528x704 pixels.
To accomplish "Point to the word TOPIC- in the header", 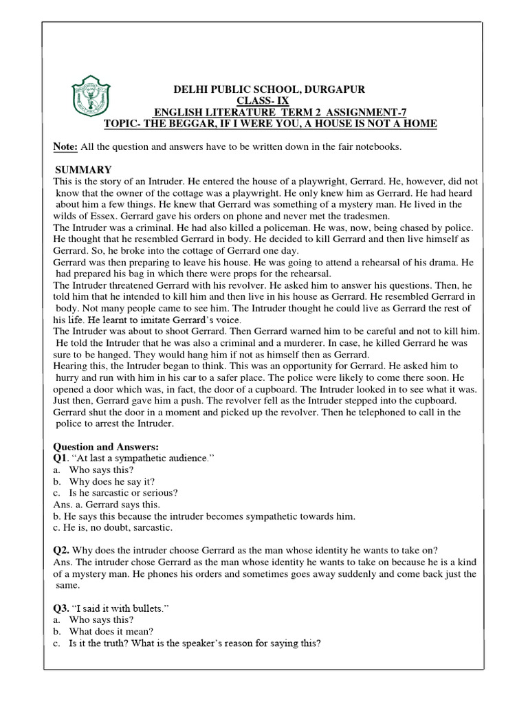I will tap(122, 123).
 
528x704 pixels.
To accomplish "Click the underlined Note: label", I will tap(66, 147).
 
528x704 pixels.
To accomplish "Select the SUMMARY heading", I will tap(83, 170).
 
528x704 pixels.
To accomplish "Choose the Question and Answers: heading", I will tap(106, 447).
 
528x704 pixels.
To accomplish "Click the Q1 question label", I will tap(60, 459).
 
